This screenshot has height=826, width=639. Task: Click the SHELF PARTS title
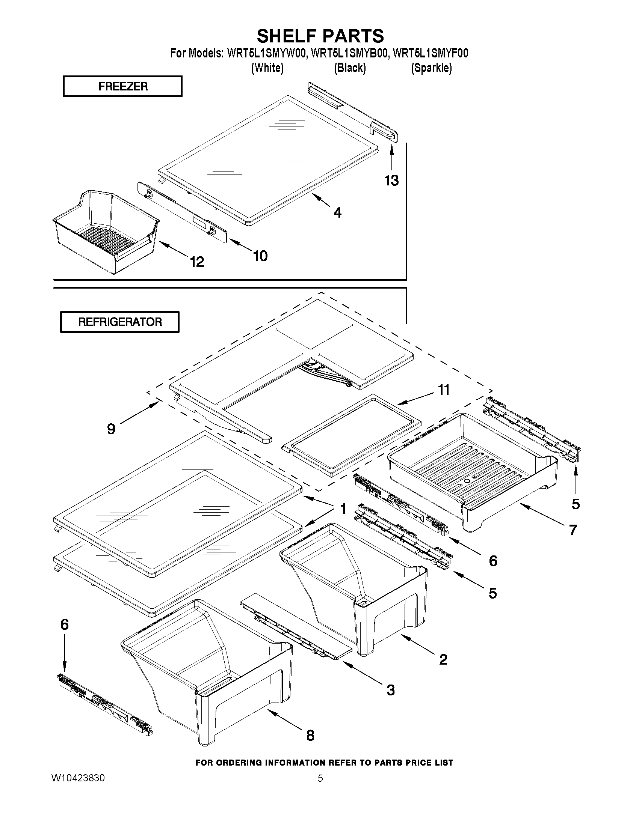tap(320, 36)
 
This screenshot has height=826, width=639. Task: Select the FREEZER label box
tap(122, 87)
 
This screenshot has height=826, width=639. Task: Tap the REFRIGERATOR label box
tap(119, 322)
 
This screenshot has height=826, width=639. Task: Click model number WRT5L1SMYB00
tap(349, 53)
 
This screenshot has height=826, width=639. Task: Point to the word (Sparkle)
tap(431, 68)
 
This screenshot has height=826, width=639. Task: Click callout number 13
tap(392, 181)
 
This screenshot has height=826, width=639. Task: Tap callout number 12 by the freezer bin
tap(197, 262)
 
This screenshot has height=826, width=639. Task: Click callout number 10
tap(260, 256)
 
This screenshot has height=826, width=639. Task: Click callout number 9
tap(111, 429)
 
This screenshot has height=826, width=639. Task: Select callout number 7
tap(573, 530)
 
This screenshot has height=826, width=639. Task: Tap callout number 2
tap(443, 660)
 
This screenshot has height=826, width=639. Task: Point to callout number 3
tap(391, 690)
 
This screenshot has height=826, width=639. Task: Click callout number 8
tap(310, 735)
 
